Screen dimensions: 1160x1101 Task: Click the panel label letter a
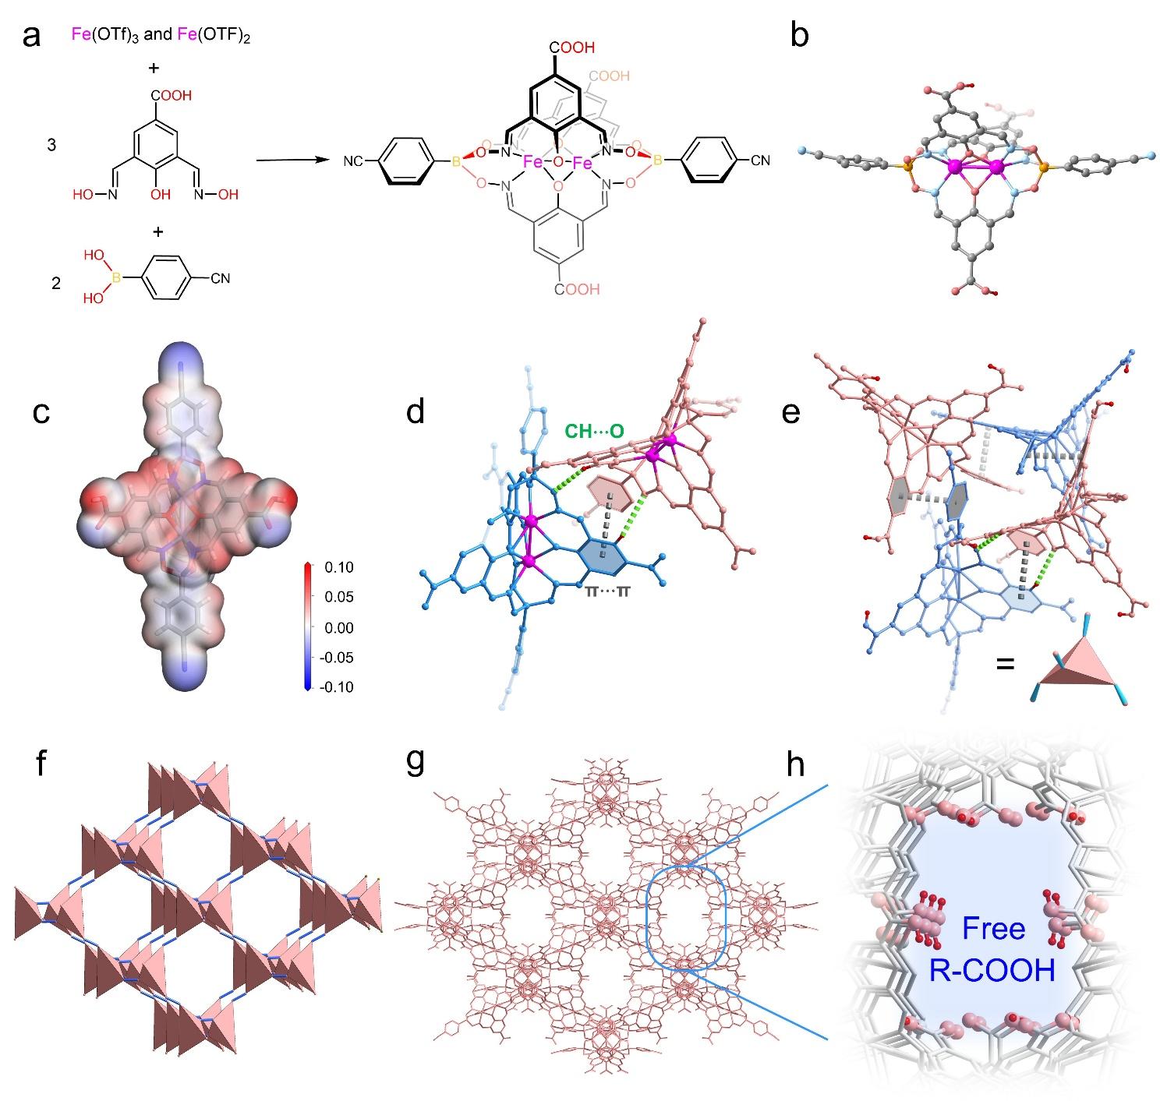click(31, 37)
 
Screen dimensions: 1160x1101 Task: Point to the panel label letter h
click(795, 764)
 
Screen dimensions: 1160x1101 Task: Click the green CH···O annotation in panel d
click(593, 431)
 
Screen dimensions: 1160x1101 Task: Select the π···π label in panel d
click(607, 591)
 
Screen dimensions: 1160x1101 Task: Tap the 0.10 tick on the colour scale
click(338, 567)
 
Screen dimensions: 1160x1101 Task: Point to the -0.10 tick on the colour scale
click(336, 687)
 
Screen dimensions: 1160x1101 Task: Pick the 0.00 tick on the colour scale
click(338, 627)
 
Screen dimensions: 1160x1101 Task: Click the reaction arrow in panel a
click(292, 160)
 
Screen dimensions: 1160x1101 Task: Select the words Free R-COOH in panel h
click(992, 949)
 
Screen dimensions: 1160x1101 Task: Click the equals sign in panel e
click(1005, 664)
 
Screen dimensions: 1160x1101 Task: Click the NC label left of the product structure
click(353, 161)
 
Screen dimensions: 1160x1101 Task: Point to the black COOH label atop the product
click(571, 48)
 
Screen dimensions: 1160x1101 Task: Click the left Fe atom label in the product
click(532, 162)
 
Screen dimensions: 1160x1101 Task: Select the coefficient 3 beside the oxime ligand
click(52, 144)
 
